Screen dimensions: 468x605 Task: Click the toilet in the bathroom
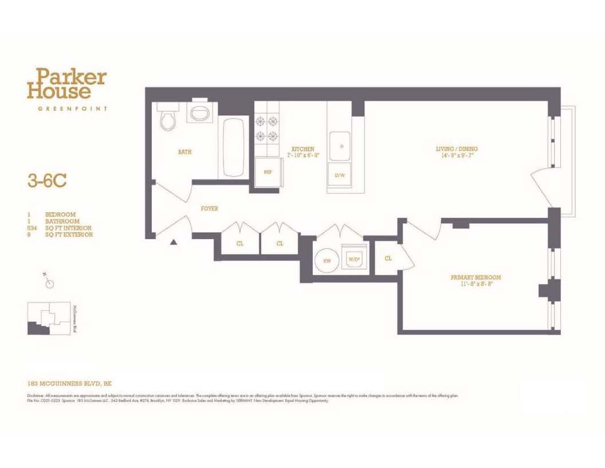coord(168,118)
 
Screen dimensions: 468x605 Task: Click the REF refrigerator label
coord(267,172)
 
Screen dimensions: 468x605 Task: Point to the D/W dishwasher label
coord(340,175)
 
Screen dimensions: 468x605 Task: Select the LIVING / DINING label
coord(456,149)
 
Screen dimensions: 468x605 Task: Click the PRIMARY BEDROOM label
coord(476,278)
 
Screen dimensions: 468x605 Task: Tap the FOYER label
coord(209,209)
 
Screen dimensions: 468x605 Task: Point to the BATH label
coord(184,153)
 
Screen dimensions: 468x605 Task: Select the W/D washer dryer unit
coord(355,259)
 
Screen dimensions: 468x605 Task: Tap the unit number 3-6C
coord(47,181)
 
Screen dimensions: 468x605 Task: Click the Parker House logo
coord(66,84)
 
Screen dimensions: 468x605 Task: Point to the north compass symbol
coord(50,282)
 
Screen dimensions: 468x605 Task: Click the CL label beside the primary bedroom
coord(388,259)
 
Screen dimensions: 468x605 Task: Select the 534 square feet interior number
coord(32,228)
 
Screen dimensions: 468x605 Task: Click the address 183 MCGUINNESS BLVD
coord(72,383)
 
